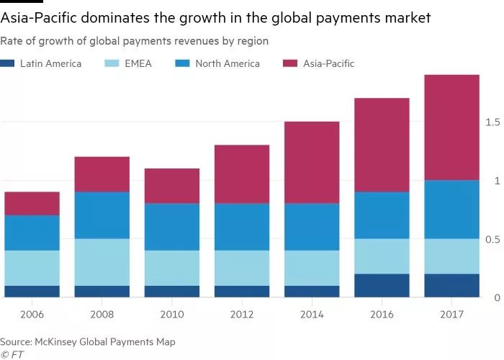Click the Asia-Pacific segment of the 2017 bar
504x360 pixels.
[x=451, y=127]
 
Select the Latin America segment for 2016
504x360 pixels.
[x=382, y=285]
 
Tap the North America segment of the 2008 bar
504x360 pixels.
[x=102, y=215]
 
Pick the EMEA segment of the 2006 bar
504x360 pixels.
[x=32, y=268]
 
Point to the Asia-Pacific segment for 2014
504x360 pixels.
[x=312, y=163]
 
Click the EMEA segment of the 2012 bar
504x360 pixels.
[x=242, y=268]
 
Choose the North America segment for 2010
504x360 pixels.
[x=171, y=227]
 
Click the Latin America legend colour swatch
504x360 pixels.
[x=7, y=63]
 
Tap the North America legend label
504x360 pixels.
[x=227, y=63]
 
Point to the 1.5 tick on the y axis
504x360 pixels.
[x=492, y=122]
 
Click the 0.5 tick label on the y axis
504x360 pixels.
[x=492, y=239]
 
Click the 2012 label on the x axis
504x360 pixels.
[x=242, y=315]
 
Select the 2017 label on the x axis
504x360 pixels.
[x=451, y=315]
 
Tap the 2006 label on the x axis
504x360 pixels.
[x=32, y=315]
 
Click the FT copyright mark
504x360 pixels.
[x=10, y=354]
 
